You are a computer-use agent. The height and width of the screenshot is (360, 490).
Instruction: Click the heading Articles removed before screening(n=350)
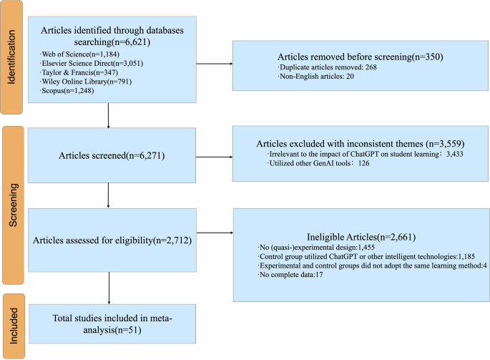pyautogui.click(x=356, y=57)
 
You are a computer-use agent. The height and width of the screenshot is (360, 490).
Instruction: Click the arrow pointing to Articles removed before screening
pyautogui.click(x=214, y=66)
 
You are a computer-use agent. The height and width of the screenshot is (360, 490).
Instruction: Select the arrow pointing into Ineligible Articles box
pyautogui.click(x=214, y=232)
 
